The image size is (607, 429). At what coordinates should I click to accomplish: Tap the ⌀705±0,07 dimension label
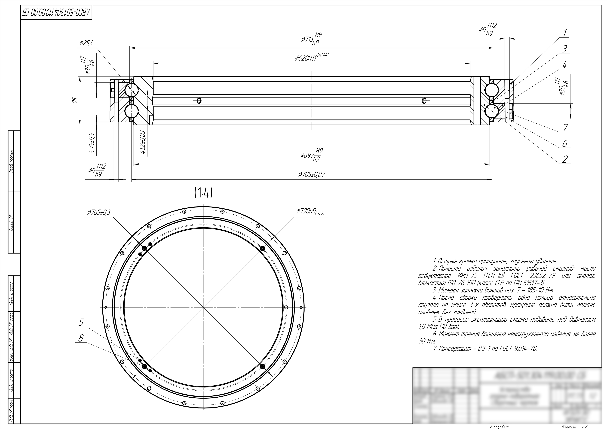click(311, 174)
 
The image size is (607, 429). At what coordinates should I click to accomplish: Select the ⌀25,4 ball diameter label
click(86, 43)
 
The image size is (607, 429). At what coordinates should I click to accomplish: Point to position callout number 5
click(81, 323)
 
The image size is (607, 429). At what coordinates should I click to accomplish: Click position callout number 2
click(565, 159)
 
